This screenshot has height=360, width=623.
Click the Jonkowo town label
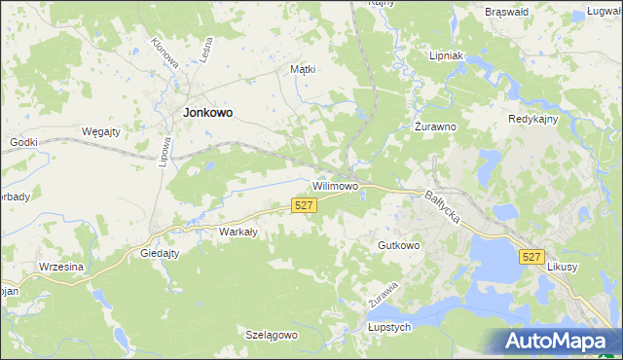(208, 113)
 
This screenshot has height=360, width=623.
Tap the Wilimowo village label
(336, 184)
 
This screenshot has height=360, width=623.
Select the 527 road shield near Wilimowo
(304, 204)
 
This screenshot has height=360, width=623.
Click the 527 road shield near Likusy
(531, 256)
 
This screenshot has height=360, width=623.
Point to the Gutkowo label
(399, 245)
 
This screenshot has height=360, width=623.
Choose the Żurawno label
(435, 126)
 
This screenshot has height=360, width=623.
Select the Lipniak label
(451, 56)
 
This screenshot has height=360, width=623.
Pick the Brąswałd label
(505, 12)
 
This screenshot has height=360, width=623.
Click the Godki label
(23, 142)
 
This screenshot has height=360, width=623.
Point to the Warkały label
(238, 232)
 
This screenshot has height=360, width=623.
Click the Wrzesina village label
(61, 267)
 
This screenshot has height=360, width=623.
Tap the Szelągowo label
(271, 335)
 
